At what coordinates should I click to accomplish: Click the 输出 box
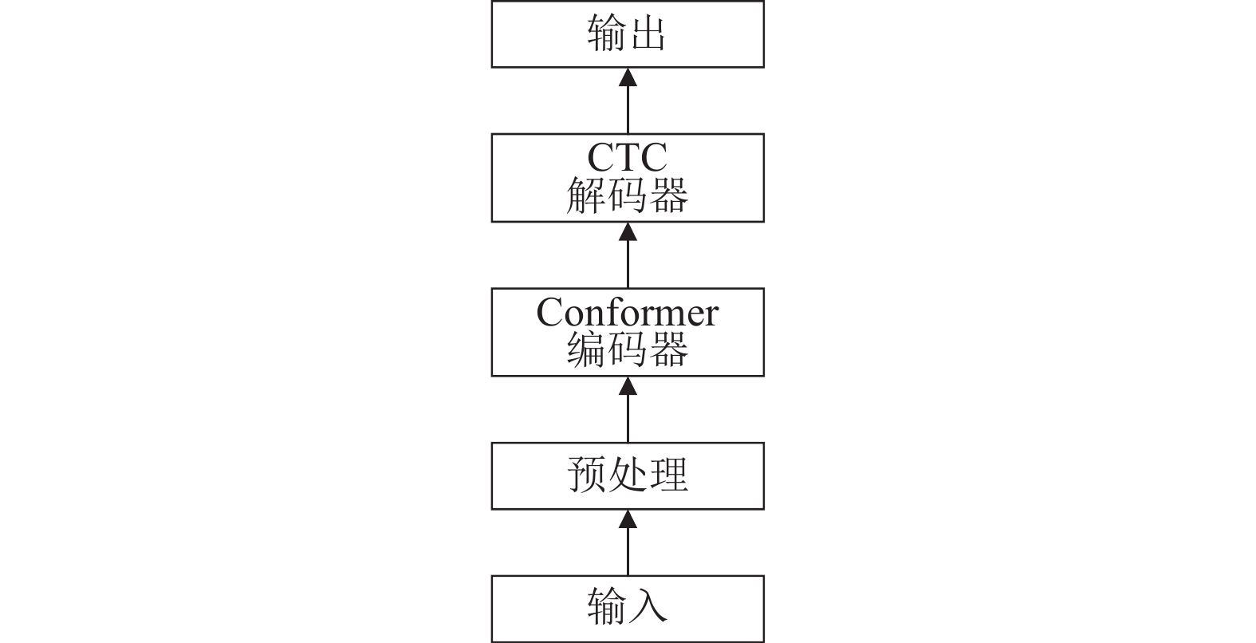pyautogui.click(x=628, y=34)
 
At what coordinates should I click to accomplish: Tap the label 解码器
pyautogui.click(x=628, y=195)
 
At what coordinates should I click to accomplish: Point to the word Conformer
pyautogui.click(x=628, y=312)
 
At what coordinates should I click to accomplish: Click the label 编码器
pyautogui.click(x=628, y=349)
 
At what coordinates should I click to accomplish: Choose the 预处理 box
pyautogui.click(x=628, y=475)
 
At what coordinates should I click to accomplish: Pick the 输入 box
pyautogui.click(x=628, y=609)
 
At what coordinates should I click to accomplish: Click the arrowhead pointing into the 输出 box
pyautogui.click(x=628, y=77)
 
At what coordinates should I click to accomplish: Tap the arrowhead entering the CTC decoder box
pyautogui.click(x=628, y=231)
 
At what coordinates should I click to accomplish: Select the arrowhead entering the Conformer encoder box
pyautogui.click(x=628, y=386)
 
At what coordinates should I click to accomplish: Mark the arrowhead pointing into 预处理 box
pyautogui.click(x=628, y=519)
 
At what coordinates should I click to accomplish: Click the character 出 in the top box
pyautogui.click(x=648, y=34)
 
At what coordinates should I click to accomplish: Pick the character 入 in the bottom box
pyautogui.click(x=648, y=606)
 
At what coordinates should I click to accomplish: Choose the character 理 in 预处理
pyautogui.click(x=668, y=475)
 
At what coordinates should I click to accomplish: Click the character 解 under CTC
pyautogui.click(x=586, y=195)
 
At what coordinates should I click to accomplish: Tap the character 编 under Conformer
pyautogui.click(x=586, y=349)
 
